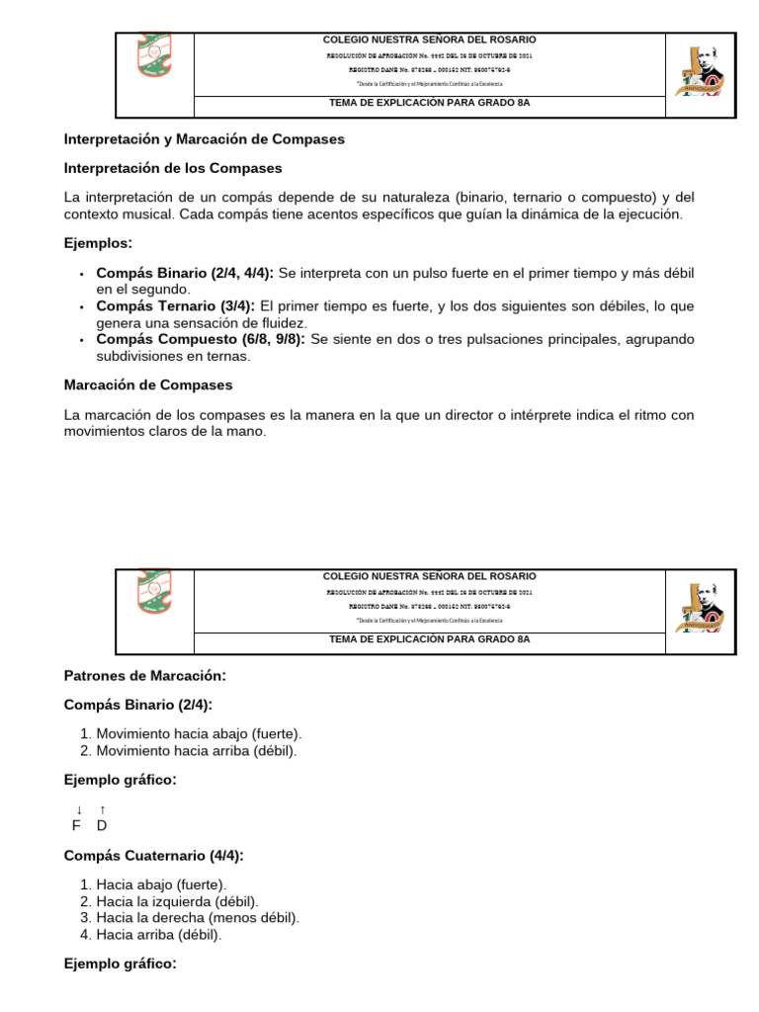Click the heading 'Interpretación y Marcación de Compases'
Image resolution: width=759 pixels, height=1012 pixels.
pyautogui.click(x=204, y=139)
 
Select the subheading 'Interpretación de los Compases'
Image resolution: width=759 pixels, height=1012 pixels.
pyautogui.click(x=173, y=168)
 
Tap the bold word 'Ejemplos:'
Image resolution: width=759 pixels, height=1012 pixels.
pyautogui.click(x=98, y=243)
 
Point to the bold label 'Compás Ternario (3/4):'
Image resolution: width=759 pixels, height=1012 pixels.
pyautogui.click(x=176, y=305)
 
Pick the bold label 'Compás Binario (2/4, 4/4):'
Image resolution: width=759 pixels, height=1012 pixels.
pyautogui.click(x=185, y=272)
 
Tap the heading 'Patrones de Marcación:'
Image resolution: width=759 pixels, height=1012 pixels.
pyautogui.click(x=145, y=676)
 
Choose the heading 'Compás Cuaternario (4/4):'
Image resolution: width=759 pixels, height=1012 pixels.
pyautogui.click(x=153, y=855)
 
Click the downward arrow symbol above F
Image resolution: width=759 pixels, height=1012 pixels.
pyautogui.click(x=79, y=809)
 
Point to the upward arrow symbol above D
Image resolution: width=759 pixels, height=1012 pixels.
pyautogui.click(x=102, y=809)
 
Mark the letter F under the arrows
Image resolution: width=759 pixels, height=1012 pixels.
pyautogui.click(x=77, y=825)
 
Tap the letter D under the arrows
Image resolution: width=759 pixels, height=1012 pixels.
pyautogui.click(x=102, y=825)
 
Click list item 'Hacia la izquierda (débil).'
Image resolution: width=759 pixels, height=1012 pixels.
pyautogui.click(x=177, y=901)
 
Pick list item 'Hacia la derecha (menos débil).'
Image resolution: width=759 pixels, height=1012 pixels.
pyautogui.click(x=198, y=917)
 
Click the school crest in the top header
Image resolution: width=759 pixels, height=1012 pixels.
pyautogui.click(x=154, y=59)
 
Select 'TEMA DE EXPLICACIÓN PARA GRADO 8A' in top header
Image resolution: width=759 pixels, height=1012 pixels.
pyautogui.click(x=429, y=103)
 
